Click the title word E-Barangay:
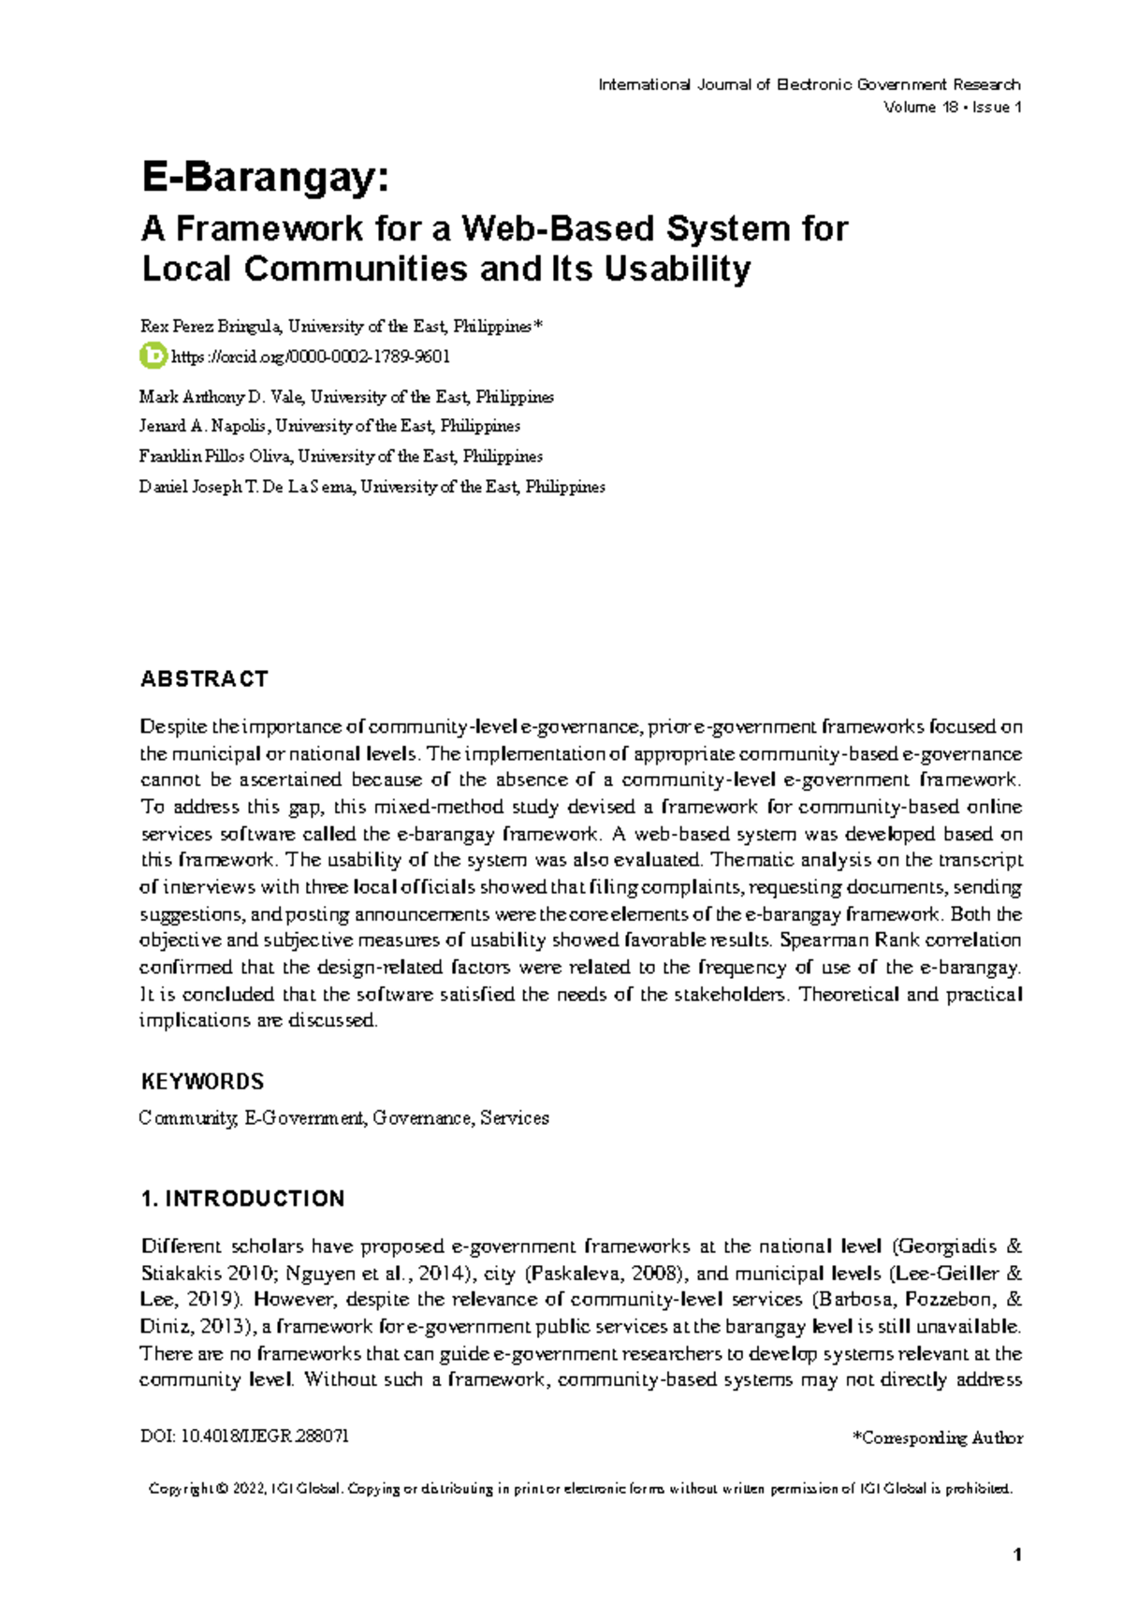tap(264, 178)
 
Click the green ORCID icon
tap(152, 356)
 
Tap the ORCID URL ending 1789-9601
tap(311, 357)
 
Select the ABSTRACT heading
tap(204, 679)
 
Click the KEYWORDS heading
tap(202, 1082)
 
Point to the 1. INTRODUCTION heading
tap(242, 1199)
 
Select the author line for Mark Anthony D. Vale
tap(346, 397)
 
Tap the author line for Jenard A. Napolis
tap(329, 426)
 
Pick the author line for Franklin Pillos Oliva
tap(341, 457)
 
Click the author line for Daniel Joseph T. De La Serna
tap(372, 487)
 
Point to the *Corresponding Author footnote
tap(937, 1437)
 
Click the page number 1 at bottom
tap(1017, 1555)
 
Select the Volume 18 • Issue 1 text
tap(952, 108)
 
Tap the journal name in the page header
tap(809, 85)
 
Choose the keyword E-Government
tap(304, 1118)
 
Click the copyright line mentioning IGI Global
tap(580, 1489)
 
